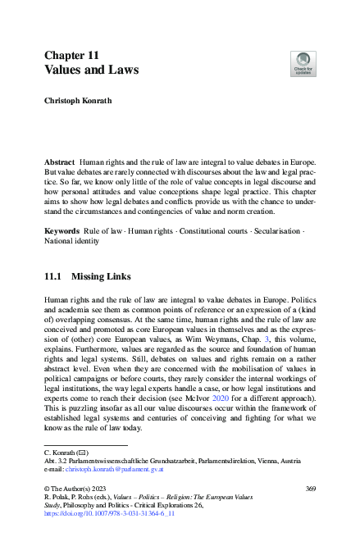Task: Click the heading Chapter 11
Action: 72,55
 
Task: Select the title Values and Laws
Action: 91,71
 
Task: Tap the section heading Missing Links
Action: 110,278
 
